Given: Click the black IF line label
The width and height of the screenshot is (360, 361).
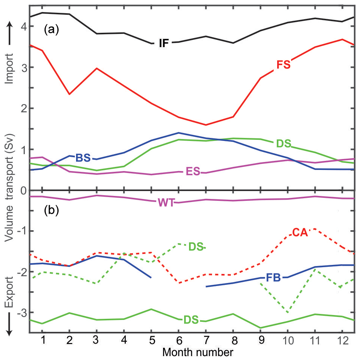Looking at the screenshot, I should tap(163, 43).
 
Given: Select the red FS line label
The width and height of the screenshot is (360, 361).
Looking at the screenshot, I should tap(283, 64).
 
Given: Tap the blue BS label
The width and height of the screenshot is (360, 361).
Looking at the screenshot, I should tap(83, 158).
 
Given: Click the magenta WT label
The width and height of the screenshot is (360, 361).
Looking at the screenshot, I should tap(166, 202).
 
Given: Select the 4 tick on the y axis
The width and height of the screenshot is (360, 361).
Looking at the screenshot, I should tap(23, 27).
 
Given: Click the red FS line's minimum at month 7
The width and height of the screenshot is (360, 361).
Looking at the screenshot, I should tap(206, 125).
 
